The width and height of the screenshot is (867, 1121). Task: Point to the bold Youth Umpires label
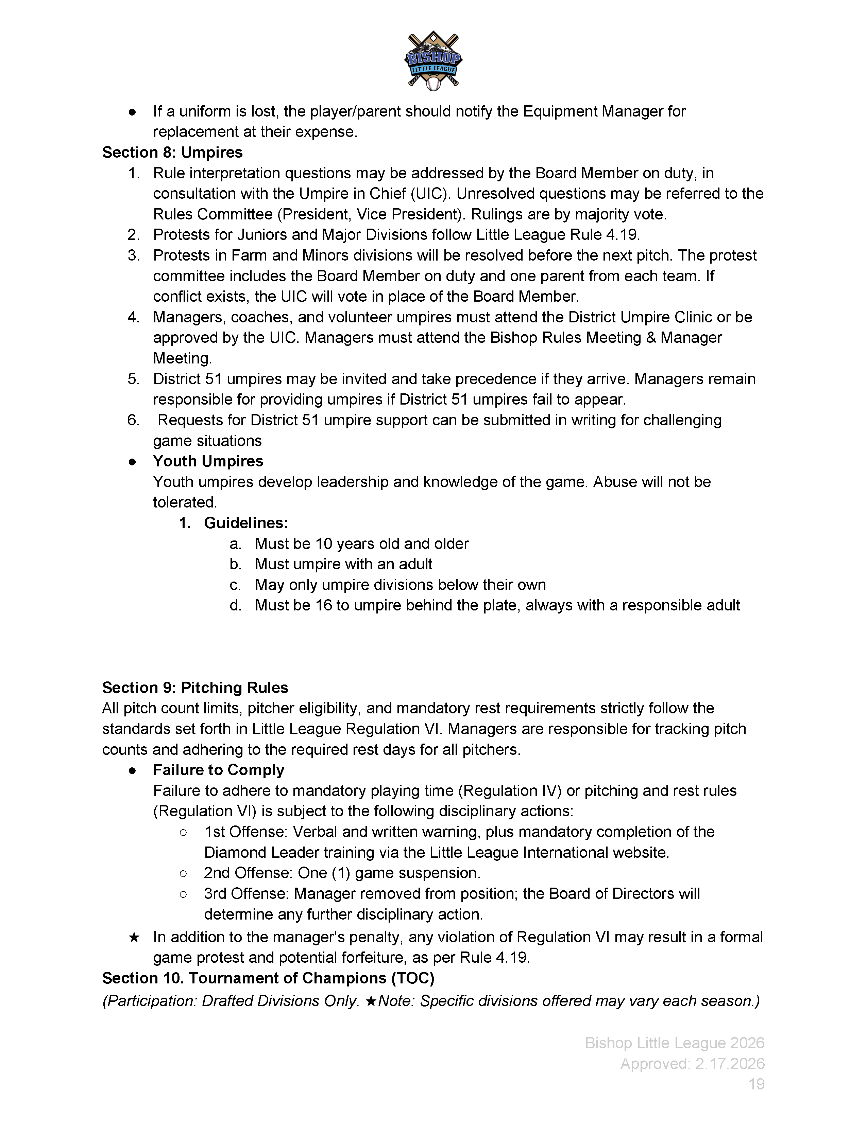pyautogui.click(x=208, y=461)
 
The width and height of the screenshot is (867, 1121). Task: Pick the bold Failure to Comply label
pyautogui.click(x=218, y=769)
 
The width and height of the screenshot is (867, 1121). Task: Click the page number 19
pyautogui.click(x=756, y=1084)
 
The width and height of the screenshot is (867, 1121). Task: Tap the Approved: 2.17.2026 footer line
pyautogui.click(x=692, y=1064)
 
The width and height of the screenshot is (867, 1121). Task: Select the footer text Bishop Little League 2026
pyautogui.click(x=675, y=1043)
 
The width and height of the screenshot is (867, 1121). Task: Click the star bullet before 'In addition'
pyautogui.click(x=134, y=937)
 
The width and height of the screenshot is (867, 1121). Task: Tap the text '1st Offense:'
pyautogui.click(x=245, y=832)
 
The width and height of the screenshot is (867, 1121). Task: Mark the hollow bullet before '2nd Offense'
pyautogui.click(x=183, y=873)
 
